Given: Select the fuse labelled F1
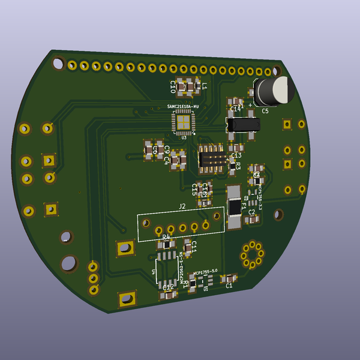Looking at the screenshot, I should point(234,206).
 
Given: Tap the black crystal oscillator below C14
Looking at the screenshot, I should point(242,124).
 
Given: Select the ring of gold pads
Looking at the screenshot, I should point(252,254).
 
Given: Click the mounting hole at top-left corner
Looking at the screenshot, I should point(58,62).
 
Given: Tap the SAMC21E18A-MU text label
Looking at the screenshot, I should point(182,106).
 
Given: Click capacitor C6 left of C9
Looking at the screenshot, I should point(149,149).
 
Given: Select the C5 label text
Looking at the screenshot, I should point(265,111).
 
